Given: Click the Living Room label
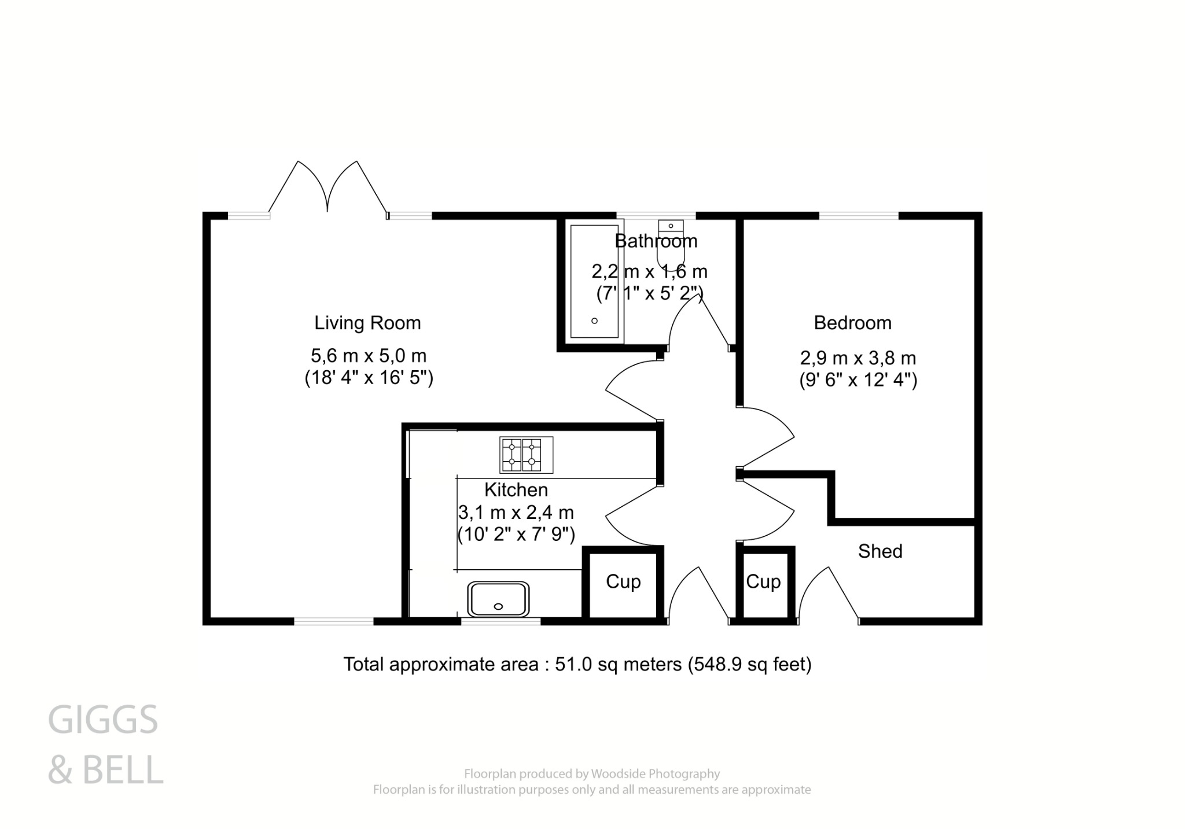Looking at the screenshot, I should click(367, 323).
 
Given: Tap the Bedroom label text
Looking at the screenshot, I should click(852, 323).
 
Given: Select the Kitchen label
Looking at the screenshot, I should click(516, 490).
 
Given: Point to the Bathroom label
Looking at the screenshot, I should click(656, 241).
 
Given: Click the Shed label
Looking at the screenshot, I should click(879, 551).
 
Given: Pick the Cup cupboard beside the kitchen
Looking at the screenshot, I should click(623, 582).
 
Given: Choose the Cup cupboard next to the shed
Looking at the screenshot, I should click(763, 582).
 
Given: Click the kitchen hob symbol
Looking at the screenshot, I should click(526, 455).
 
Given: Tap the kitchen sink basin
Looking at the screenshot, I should click(498, 599).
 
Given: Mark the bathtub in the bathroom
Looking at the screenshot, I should click(594, 281).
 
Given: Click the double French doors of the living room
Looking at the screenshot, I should click(327, 188).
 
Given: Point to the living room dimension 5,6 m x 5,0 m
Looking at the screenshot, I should click(369, 355).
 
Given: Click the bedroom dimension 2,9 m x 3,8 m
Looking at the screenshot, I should click(858, 358).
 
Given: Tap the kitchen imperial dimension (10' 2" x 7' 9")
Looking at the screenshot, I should click(516, 535).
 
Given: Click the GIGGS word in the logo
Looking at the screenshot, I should click(103, 720).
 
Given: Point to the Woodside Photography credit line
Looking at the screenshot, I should click(591, 773).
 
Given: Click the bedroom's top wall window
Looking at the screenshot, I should click(859, 216).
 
